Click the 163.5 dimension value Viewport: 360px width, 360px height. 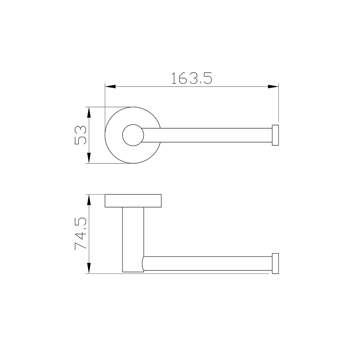tap(192, 78)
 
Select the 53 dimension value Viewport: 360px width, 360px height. tap(80, 135)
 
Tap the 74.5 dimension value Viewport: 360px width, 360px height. tap(80, 234)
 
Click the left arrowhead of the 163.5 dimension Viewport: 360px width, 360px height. tap(110, 86)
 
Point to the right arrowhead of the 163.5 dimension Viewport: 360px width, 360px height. tap(273, 86)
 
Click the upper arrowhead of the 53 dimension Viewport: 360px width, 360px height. tap(89, 112)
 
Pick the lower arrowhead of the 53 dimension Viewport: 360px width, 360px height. tap(89, 158)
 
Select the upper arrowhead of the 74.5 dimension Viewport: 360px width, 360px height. tap(89, 200)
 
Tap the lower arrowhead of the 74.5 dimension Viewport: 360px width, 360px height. tap(89, 268)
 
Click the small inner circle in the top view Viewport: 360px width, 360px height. tap(133, 124)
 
